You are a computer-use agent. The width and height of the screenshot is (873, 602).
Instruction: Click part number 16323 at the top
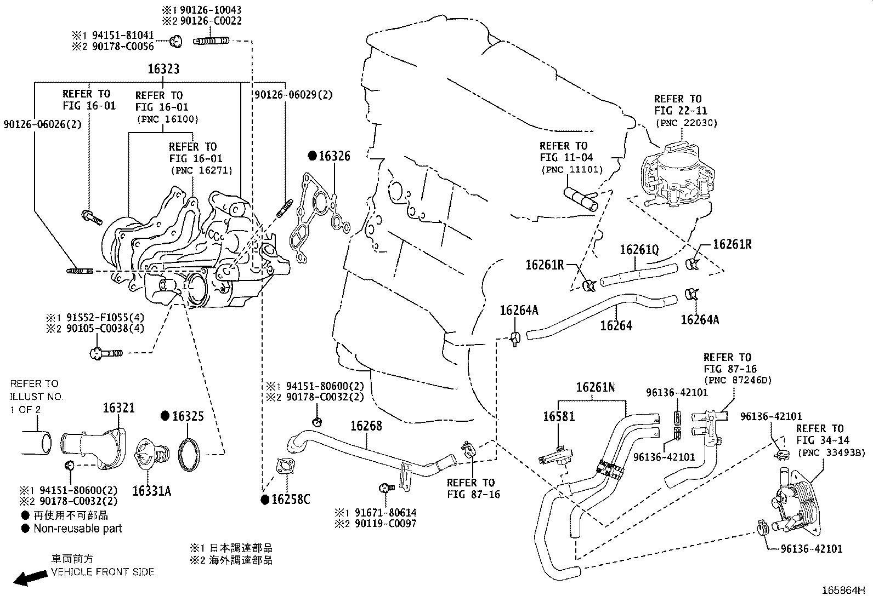tap(163, 70)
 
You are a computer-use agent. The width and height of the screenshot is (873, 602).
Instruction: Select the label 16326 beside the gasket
tap(334, 157)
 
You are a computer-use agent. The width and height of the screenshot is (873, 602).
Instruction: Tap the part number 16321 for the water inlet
tap(119, 408)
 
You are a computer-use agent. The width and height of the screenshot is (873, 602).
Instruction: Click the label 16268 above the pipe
tap(366, 426)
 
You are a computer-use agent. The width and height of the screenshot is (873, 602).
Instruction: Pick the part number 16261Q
tap(639, 250)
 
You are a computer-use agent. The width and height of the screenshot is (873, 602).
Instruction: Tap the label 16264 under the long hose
tap(616, 325)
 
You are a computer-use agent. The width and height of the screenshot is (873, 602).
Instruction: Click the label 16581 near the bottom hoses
tap(559, 416)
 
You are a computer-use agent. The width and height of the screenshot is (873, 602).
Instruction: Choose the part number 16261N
tap(595, 388)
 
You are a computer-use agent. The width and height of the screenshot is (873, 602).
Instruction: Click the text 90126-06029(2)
tap(293, 95)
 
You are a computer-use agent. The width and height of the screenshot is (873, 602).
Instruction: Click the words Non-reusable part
tap(77, 529)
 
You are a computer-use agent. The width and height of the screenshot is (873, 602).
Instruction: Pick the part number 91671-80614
tap(383, 513)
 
